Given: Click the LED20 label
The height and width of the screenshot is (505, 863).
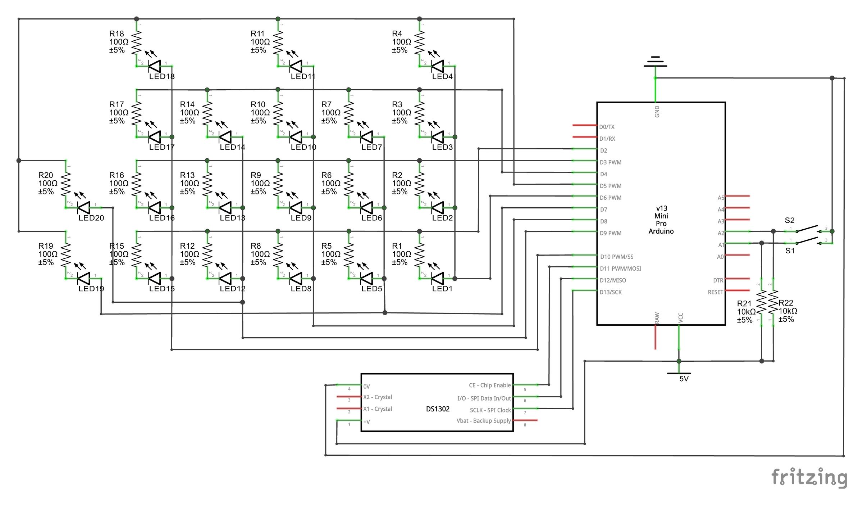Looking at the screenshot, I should click(91, 218).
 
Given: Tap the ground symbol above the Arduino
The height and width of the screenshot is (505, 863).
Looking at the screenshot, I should click(655, 62).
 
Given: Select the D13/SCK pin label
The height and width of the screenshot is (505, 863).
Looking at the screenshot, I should click(610, 292).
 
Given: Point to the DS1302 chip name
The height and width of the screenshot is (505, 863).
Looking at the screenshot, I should click(438, 409).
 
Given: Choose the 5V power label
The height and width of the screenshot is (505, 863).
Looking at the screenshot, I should click(684, 379).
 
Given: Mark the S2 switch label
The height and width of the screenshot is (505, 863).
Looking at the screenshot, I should click(789, 220).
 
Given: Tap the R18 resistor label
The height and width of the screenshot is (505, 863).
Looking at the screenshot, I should click(117, 33).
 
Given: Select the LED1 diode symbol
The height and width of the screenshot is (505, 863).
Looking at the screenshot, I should click(438, 278).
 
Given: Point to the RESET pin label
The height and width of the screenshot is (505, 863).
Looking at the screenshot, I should click(715, 292).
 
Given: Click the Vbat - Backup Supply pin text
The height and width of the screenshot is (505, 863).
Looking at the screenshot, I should click(483, 420).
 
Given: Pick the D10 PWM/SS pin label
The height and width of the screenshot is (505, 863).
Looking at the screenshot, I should click(616, 257).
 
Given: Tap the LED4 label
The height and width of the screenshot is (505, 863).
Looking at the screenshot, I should click(442, 76).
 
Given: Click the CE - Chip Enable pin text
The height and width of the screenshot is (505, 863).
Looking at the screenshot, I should click(489, 385).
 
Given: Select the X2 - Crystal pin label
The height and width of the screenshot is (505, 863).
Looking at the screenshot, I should click(377, 397).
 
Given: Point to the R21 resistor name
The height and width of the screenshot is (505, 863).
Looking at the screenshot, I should click(744, 303).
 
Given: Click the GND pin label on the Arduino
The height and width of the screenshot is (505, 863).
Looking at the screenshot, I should click(657, 111).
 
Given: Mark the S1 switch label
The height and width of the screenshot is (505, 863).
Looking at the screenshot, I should click(790, 251).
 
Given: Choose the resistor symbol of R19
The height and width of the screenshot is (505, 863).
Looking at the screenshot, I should click(66, 255).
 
